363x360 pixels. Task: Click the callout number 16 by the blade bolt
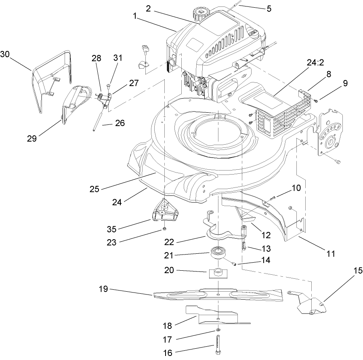(x=168, y=353)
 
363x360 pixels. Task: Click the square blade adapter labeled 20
(x=217, y=273)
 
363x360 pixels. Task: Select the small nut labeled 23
(x=165, y=230)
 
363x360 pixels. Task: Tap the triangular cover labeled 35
(x=166, y=211)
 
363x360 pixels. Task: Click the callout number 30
(x=5, y=54)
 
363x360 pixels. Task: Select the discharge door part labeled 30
(x=52, y=79)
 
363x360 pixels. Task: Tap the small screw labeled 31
(x=109, y=86)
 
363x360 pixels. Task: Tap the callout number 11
(x=331, y=254)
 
